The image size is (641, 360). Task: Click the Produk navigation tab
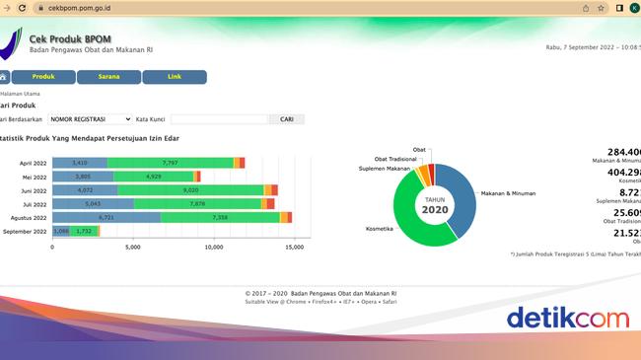tap(43, 77)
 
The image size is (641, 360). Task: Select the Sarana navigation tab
tap(108, 77)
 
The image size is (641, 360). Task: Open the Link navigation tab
tap(175, 77)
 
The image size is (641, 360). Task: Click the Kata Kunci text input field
tap(219, 119)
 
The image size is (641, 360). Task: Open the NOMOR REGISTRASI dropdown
tap(90, 119)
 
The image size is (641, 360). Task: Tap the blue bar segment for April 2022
tap(80, 163)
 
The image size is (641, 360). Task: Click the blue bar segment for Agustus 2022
tap(107, 217)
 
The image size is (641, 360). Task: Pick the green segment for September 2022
tap(84, 231)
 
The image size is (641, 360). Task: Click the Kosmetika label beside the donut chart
tap(380, 229)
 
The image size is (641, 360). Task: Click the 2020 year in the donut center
tap(434, 209)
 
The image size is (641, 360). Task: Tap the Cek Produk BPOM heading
tap(70, 38)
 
